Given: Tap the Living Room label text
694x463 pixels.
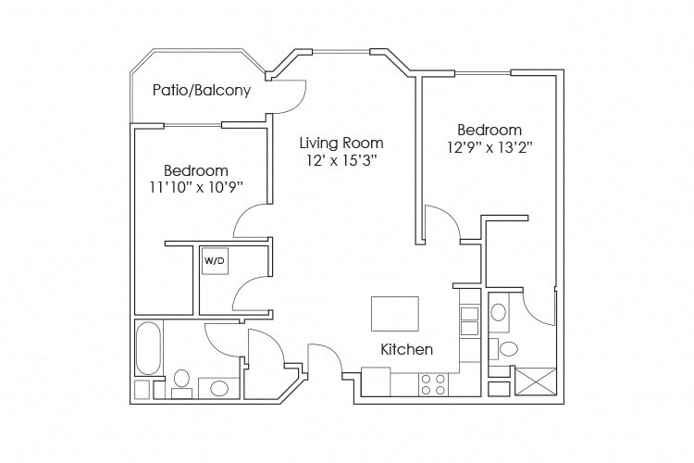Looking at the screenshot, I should tap(341, 144).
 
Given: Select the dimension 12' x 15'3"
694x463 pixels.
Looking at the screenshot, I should tap(341, 161).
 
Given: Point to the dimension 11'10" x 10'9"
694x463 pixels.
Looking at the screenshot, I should tap(195, 188).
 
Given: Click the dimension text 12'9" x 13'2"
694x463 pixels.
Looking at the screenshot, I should tap(489, 147).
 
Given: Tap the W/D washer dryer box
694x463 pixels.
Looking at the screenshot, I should tap(214, 262).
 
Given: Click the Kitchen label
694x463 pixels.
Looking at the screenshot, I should tap(407, 349).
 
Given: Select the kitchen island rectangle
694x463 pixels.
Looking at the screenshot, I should tap(395, 313).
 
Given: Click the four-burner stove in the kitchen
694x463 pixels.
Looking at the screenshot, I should tap(432, 384).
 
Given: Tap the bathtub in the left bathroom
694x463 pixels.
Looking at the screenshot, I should tap(148, 347).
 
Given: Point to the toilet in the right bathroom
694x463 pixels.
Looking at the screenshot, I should tap(506, 349).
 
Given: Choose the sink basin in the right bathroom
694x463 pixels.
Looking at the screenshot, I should tap(499, 312).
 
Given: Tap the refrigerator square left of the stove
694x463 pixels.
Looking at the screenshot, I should tap(376, 381).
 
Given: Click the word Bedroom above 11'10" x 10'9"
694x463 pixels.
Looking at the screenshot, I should tap(195, 171).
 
